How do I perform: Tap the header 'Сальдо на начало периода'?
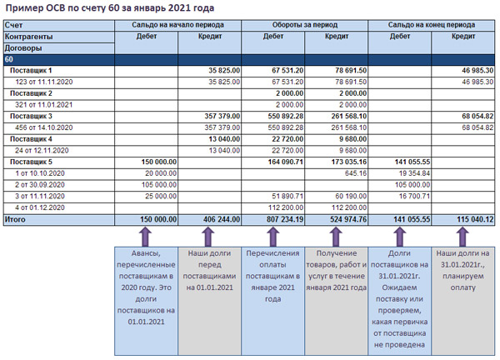pos(178,26)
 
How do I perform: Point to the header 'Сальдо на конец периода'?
pos(432,26)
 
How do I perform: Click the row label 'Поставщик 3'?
pos(31,116)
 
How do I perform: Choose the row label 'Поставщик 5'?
pos(31,161)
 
